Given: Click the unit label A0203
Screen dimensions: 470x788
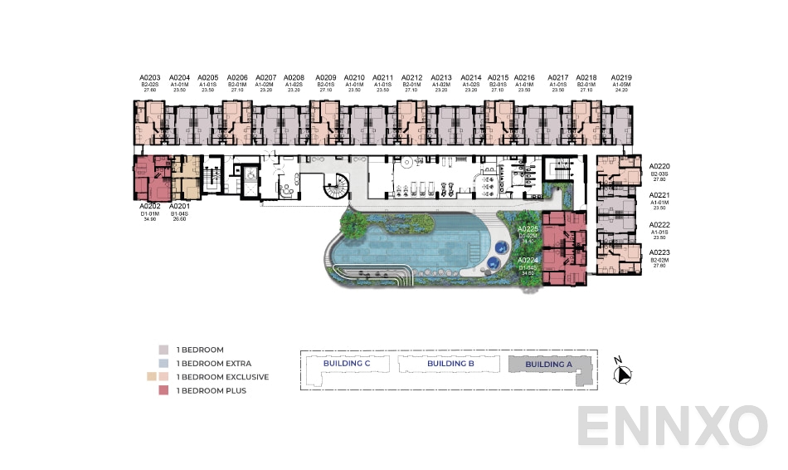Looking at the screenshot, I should tap(149, 77).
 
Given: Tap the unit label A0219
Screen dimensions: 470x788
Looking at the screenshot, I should tap(620, 77).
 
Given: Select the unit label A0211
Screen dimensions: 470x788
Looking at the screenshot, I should tap(382, 77).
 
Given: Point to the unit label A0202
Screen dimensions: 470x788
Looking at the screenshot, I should tap(149, 205).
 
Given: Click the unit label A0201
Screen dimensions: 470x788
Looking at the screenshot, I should tap(179, 205).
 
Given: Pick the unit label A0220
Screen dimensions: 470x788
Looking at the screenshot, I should tap(659, 166).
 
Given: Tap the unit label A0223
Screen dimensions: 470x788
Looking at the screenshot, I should tap(659, 252).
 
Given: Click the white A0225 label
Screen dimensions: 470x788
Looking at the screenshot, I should tap(528, 228).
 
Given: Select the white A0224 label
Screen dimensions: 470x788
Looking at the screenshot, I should tap(528, 260).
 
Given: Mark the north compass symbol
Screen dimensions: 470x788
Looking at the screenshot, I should tap(622, 374).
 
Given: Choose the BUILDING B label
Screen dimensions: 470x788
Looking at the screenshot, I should tap(450, 364).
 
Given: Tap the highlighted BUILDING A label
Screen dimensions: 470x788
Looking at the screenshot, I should tap(549, 364).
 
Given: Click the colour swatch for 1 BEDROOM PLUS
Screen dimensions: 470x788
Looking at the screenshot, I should tap(163, 390).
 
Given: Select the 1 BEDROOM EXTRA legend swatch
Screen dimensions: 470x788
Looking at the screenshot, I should tap(163, 364).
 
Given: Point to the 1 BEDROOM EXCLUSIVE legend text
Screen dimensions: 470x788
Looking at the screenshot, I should tap(222, 377).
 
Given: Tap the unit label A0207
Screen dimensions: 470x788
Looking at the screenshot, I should tap(265, 77).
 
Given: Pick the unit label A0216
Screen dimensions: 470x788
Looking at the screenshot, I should tap(524, 77).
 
